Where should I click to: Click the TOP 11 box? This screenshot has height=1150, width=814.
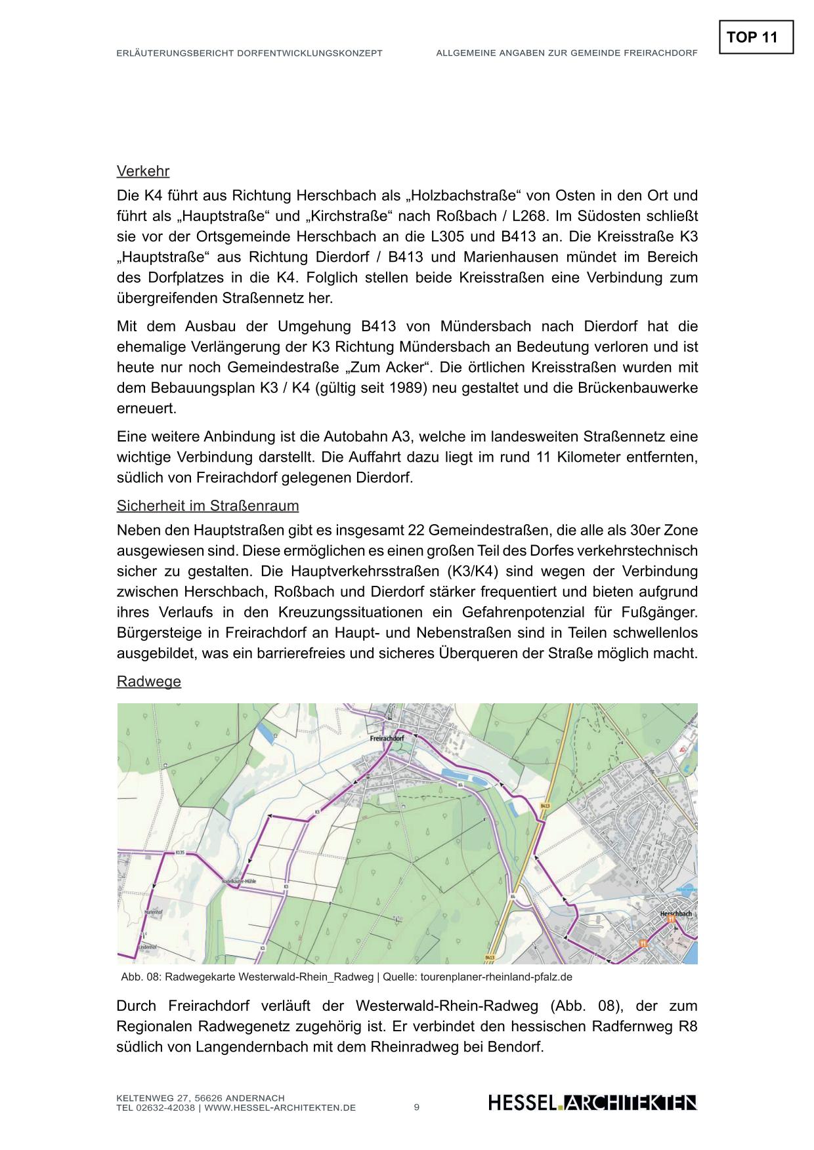(756, 37)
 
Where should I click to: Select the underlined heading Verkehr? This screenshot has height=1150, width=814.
(143, 171)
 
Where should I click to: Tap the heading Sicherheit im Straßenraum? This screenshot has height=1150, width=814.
(207, 506)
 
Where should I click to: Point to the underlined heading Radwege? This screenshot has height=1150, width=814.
(148, 681)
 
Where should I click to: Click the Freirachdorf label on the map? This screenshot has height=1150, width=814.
(387, 738)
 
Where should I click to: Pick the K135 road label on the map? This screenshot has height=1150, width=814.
(181, 852)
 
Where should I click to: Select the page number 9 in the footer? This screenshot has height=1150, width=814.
(417, 1107)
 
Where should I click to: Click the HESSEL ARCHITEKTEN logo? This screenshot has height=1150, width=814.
(592, 1103)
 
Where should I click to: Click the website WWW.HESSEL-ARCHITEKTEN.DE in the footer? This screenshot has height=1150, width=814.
(280, 1108)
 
